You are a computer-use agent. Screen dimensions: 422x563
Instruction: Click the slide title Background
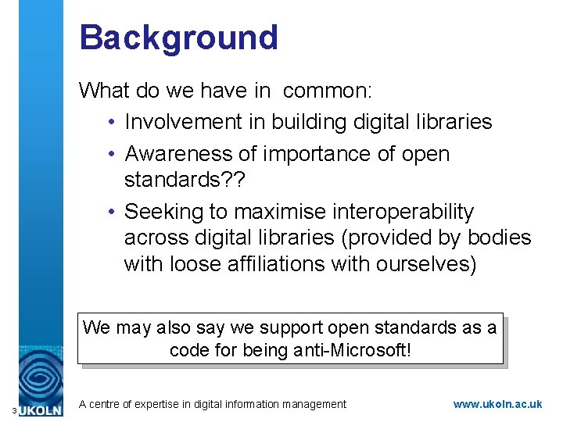[178, 38]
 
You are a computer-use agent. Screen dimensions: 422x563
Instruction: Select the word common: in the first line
[328, 91]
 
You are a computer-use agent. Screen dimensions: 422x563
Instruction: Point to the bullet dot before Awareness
[113, 154]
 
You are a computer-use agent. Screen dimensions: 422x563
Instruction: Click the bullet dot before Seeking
[113, 212]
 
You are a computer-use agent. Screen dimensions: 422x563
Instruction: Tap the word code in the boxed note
[189, 350]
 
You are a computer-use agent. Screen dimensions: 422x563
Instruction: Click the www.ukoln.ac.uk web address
[508, 404]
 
